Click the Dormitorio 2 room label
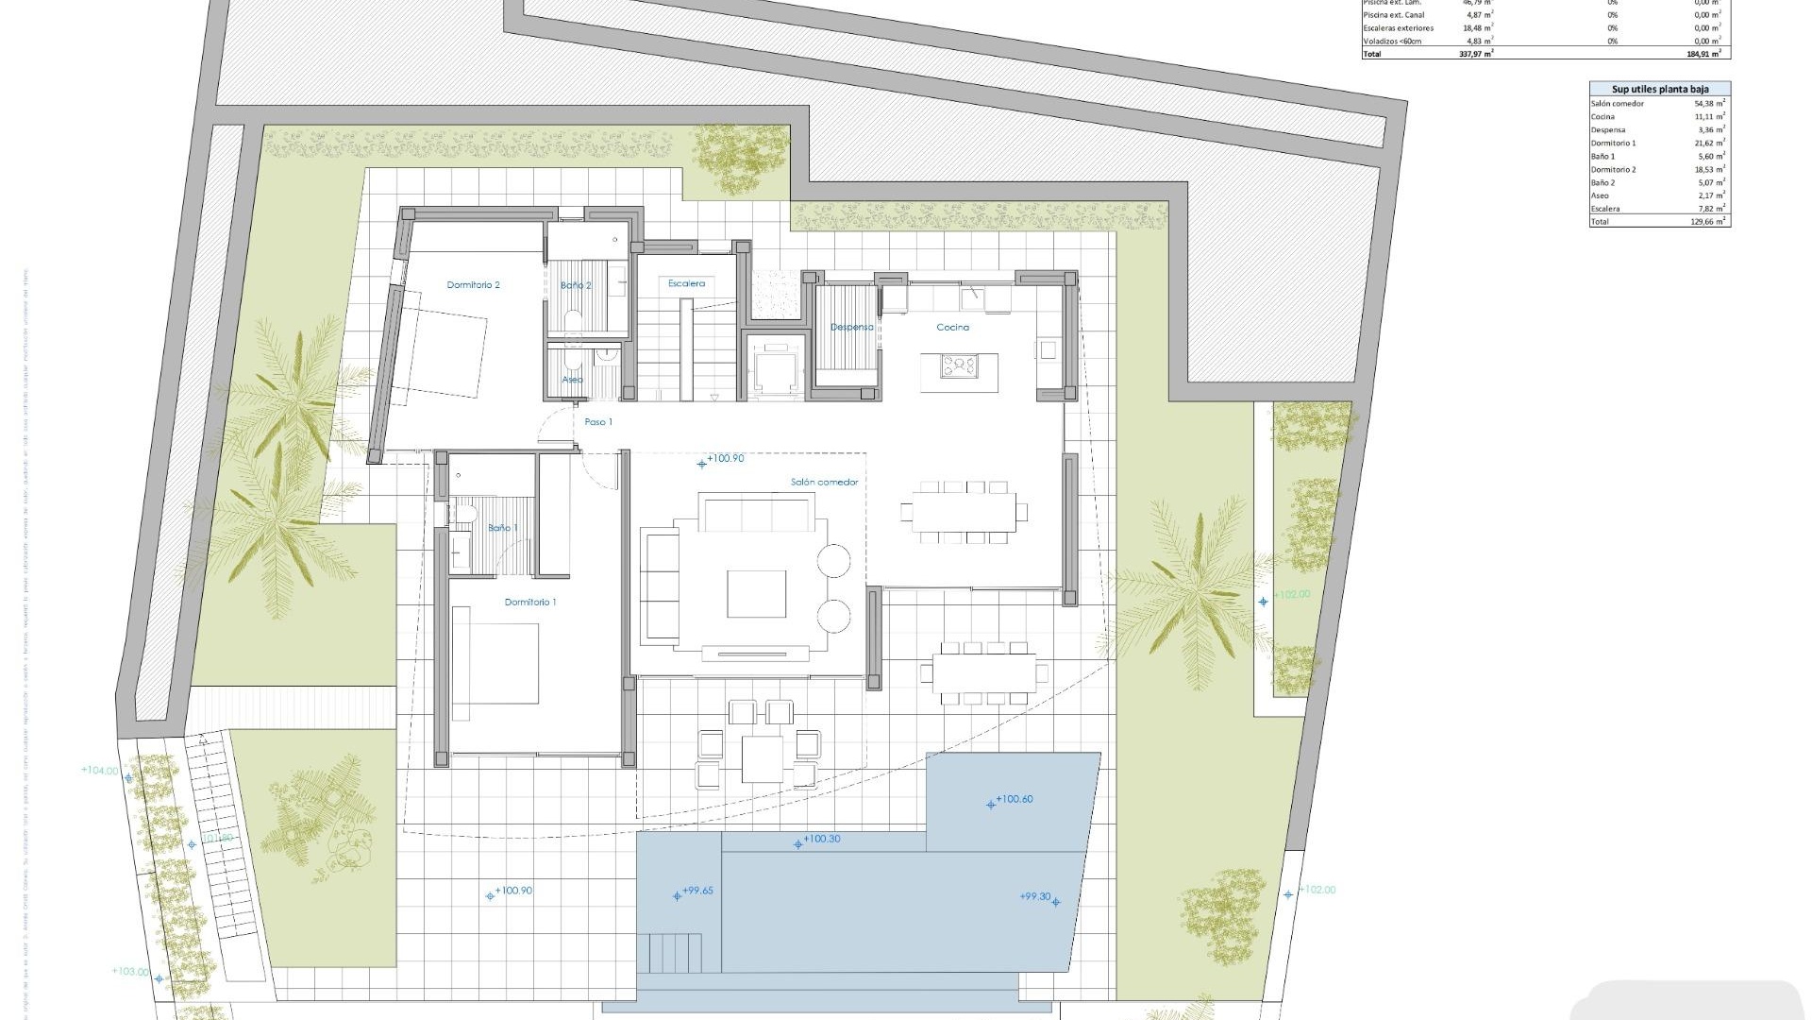coord(473,284)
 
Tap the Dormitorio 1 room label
coord(530,602)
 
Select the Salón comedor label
coord(824,482)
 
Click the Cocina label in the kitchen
coord(952,327)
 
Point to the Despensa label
coord(851,327)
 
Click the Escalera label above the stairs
coord(686,283)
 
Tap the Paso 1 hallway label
coord(598,422)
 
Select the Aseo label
coord(572,380)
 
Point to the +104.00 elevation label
coord(101,771)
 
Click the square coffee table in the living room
coord(756,594)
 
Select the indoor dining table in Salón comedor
coord(964,512)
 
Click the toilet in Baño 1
coord(464,512)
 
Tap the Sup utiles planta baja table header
coord(1659,89)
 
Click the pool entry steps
coord(675,947)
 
